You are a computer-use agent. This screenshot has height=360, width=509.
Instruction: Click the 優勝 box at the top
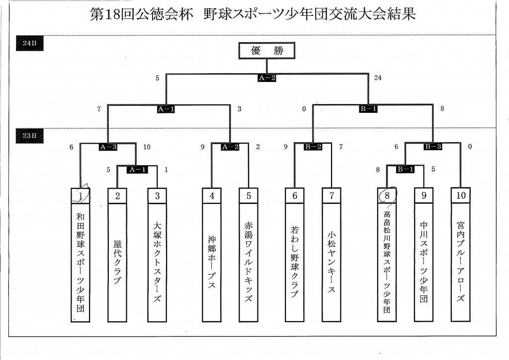point(267,51)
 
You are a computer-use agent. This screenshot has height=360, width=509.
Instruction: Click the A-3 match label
point(108,147)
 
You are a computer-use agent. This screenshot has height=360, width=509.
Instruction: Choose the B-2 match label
point(313,147)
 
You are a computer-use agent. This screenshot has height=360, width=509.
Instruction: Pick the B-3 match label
point(433,147)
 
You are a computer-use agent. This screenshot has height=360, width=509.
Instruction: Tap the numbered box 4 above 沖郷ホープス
point(212,196)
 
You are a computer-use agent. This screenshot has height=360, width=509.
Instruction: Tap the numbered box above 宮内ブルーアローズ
point(461,196)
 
